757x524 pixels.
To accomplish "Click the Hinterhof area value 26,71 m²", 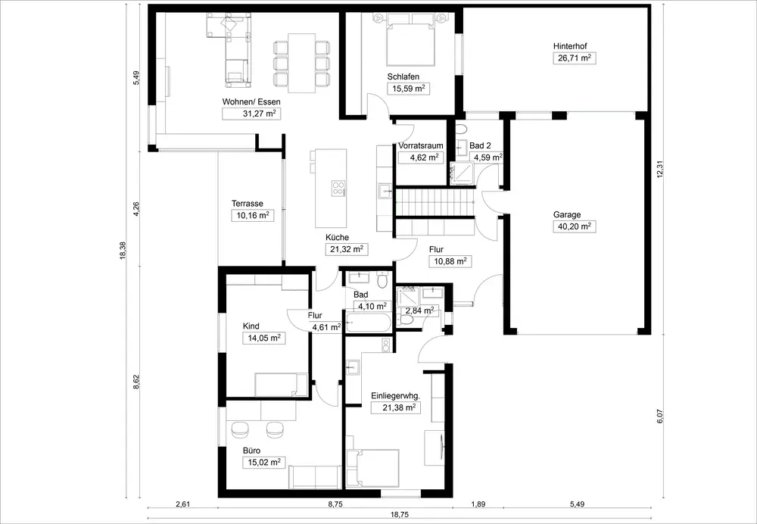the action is (574, 58).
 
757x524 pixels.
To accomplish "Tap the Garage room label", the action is (567, 215).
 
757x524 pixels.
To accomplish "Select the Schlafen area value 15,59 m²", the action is (409, 89).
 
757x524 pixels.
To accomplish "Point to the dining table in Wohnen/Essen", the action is (302, 63).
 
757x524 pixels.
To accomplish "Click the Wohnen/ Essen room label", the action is (251, 102).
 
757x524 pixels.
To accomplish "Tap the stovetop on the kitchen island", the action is (338, 188).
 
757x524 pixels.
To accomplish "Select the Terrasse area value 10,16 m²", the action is (253, 215).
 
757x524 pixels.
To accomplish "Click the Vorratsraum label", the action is (420, 146).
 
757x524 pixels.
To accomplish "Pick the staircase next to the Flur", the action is (435, 204).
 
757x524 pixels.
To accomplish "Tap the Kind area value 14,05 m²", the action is (263, 338).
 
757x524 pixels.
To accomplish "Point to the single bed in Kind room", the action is (282, 385).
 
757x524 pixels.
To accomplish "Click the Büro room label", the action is (251, 451).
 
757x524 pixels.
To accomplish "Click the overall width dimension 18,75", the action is (398, 515).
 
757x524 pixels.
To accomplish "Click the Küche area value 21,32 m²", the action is (346, 249).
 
